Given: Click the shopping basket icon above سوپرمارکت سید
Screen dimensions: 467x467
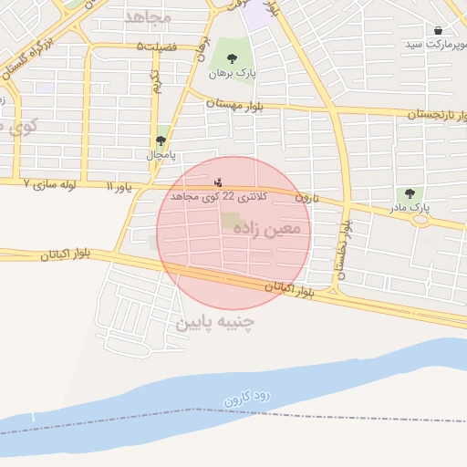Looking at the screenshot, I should click(439, 31).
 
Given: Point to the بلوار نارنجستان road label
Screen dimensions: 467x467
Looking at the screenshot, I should click(430, 115).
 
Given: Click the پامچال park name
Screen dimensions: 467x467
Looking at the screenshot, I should click(161, 155).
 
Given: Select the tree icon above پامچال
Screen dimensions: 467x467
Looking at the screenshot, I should click(161, 141).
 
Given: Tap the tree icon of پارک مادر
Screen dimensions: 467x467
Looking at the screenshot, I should click(410, 193).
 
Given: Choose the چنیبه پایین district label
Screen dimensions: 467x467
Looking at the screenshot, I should click(215, 322).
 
